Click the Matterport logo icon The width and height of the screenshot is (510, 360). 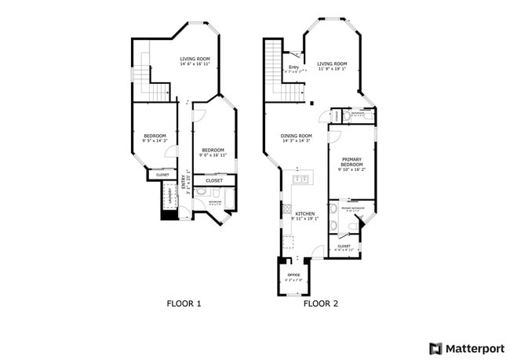pyautogui.click(x=435, y=348)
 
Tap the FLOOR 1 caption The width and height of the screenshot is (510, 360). pyautogui.click(x=184, y=303)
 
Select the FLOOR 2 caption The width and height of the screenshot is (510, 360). pyautogui.click(x=320, y=303)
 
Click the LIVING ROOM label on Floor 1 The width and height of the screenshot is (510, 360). pyautogui.click(x=195, y=59)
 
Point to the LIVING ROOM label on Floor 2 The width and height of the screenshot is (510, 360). pyautogui.click(x=332, y=64)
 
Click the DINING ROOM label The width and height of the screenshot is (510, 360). pyautogui.click(x=296, y=136)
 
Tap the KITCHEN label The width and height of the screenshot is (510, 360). pyautogui.click(x=304, y=214)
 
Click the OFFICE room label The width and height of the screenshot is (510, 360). pyautogui.click(x=293, y=275)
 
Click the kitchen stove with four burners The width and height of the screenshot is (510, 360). pyautogui.click(x=287, y=210)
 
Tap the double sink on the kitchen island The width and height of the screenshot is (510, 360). pyautogui.click(x=301, y=180)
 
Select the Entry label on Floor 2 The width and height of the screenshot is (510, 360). pyautogui.click(x=293, y=67)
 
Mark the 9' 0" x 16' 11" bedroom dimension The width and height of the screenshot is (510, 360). pyautogui.click(x=213, y=155)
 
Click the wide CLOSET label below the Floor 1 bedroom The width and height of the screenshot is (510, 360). pyautogui.click(x=213, y=180)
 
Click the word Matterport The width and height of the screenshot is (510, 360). pyautogui.click(x=475, y=348)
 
